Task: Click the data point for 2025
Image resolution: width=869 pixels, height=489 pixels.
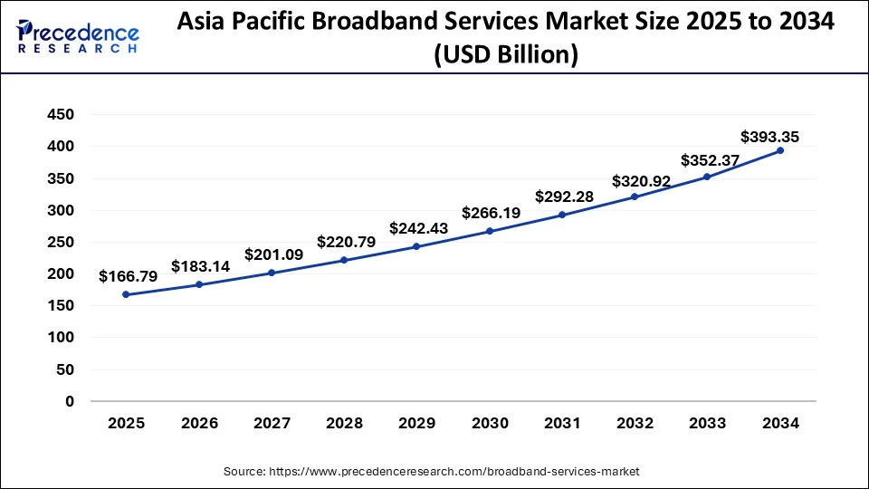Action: (127, 294)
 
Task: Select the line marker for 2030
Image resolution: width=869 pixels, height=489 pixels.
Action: (490, 231)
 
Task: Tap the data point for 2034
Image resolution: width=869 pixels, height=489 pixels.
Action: (780, 150)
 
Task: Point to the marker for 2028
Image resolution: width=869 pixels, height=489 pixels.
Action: (345, 260)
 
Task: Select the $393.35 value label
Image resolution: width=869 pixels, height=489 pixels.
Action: (769, 138)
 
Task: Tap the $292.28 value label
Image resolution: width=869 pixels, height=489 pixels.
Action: (563, 196)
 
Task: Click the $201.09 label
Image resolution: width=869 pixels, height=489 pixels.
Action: (272, 254)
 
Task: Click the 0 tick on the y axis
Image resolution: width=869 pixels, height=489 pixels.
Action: (69, 401)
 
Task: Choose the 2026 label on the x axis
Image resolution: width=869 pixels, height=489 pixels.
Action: (199, 423)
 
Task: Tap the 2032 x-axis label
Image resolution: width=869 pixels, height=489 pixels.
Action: (635, 423)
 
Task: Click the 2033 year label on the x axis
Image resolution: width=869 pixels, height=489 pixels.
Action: (708, 423)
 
